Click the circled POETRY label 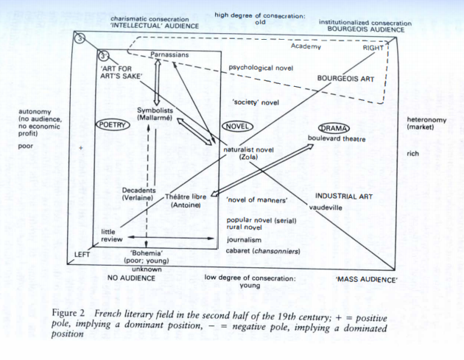(x=113, y=125)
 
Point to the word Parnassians (x=169, y=54)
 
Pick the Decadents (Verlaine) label (x=138, y=194)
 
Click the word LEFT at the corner (x=82, y=255)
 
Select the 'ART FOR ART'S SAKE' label (x=124, y=71)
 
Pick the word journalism (x=244, y=239)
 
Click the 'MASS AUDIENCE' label (x=367, y=280)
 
